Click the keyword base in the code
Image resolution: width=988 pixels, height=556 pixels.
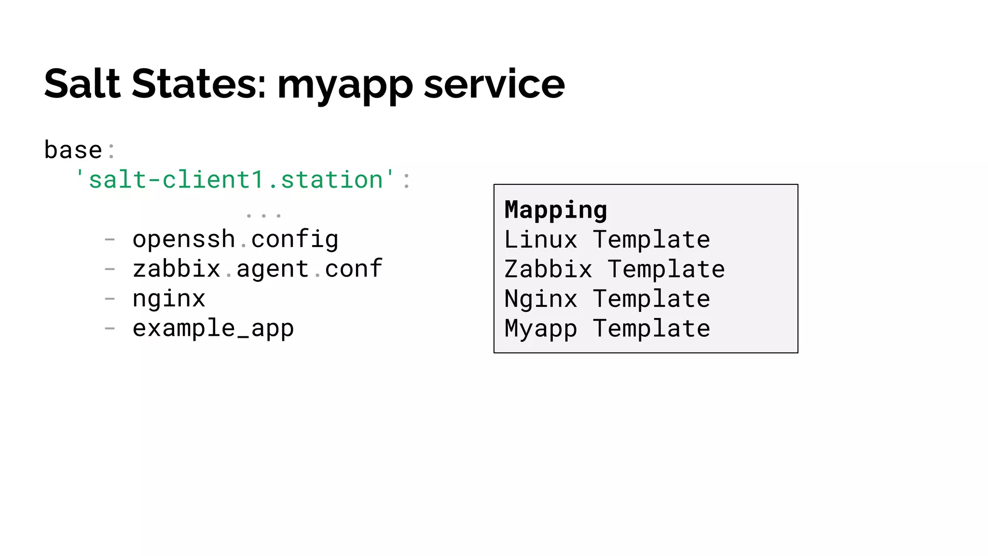point(73,150)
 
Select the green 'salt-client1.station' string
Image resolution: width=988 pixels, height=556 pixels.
point(236,180)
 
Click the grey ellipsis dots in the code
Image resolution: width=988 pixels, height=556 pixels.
point(263,214)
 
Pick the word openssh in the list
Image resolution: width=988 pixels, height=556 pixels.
point(184,239)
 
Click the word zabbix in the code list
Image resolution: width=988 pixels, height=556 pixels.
point(177,269)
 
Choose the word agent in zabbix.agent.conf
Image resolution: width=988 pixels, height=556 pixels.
point(273,270)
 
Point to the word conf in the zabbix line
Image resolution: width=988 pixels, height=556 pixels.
point(354,269)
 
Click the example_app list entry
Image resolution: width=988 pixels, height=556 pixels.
point(213,329)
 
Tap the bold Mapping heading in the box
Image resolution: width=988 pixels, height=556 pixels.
point(556,210)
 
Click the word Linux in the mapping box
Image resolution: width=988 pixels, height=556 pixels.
point(541,240)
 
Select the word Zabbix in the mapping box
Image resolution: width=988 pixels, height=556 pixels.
point(548,269)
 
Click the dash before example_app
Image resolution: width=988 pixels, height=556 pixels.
point(110,328)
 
